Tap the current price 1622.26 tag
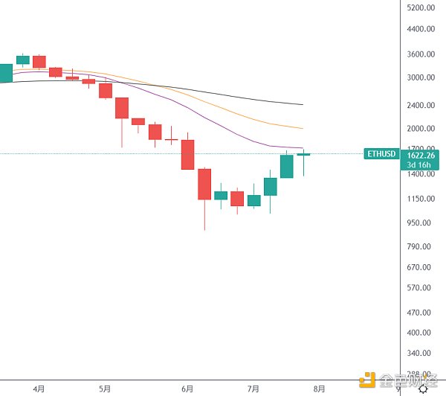pyautogui.click(x=421, y=155)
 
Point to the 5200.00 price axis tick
pyautogui.click(x=421, y=7)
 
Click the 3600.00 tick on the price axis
pyautogui.click(x=421, y=54)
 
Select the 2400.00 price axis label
pyautogui.click(x=421, y=105)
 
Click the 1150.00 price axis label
pyautogui.click(x=421, y=199)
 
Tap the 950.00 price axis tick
pyautogui.click(x=421, y=223)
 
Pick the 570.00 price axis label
pyautogui.click(x=421, y=287)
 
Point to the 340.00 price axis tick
pyautogui.click(x=421, y=354)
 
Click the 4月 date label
pyautogui.click(x=39, y=389)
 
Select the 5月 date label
pyautogui.click(x=104, y=389)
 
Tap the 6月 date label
pyautogui.click(x=187, y=389)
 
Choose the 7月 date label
pyautogui.click(x=253, y=389)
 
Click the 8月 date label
pyautogui.click(x=319, y=389)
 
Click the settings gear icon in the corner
pyautogui.click(x=423, y=389)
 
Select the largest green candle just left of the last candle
pyautogui.click(x=287, y=166)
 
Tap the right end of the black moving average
pyautogui.click(x=302, y=104)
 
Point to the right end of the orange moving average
pyautogui.click(x=302, y=128)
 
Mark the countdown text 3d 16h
pyautogui.click(x=421, y=165)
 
